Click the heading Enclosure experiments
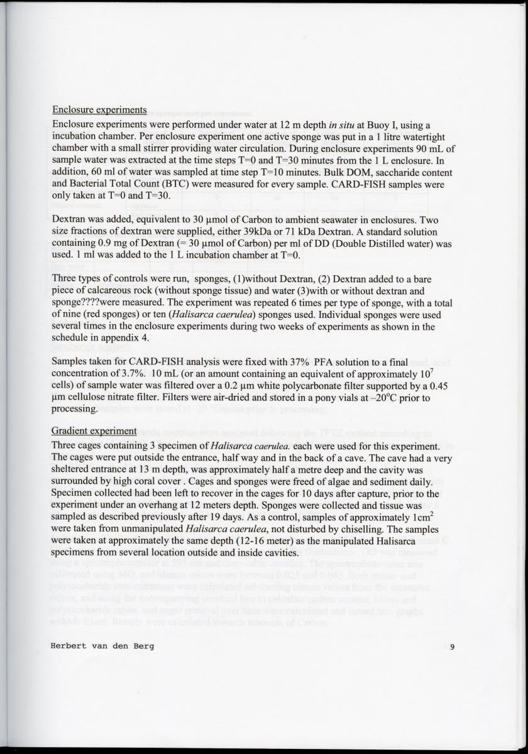tap(99, 110)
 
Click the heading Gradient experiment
tap(94, 431)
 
